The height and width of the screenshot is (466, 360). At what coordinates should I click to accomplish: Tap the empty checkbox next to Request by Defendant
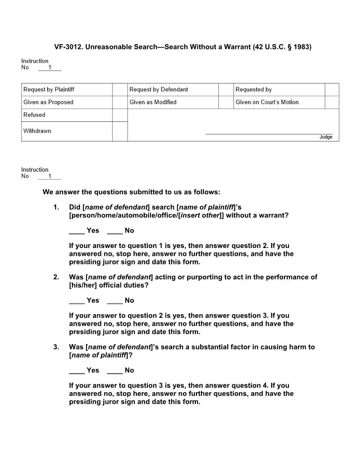(226, 90)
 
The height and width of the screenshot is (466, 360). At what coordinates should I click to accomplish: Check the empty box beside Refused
(120, 115)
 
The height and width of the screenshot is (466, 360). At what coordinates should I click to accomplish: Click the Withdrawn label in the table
(37, 131)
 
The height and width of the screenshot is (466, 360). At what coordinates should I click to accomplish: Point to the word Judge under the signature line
(326, 137)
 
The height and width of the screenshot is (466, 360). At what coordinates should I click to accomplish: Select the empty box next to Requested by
(332, 90)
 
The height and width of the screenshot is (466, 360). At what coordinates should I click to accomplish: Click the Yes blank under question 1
(77, 231)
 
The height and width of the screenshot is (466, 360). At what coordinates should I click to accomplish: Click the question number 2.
(56, 277)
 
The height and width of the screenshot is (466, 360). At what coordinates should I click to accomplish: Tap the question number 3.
(56, 347)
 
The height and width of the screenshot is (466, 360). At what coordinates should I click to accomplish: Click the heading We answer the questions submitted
(131, 192)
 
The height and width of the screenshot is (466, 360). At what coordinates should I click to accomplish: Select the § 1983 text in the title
(298, 46)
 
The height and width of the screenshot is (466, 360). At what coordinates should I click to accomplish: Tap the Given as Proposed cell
(49, 102)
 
